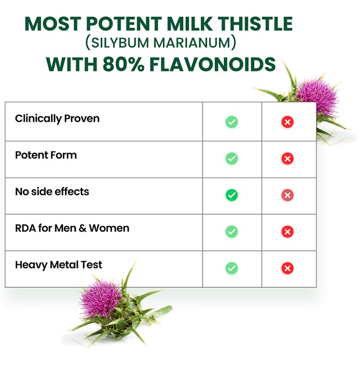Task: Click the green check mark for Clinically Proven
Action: click(x=232, y=121)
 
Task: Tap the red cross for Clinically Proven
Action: click(x=287, y=121)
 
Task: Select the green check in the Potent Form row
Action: click(x=232, y=159)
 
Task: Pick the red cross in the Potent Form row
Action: click(x=287, y=159)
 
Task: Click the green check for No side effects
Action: click(x=232, y=195)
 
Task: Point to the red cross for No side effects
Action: click(x=287, y=195)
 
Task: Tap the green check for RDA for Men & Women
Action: click(x=232, y=232)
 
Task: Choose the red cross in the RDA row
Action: click(x=287, y=232)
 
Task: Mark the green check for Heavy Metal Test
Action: click(x=232, y=268)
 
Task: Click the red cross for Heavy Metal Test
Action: click(x=287, y=268)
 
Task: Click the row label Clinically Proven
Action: click(x=57, y=119)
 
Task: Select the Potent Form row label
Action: click(x=46, y=155)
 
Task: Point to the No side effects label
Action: click(x=52, y=191)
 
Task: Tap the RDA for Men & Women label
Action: click(x=72, y=228)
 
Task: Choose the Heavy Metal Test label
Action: click(x=58, y=265)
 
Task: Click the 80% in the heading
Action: click(x=124, y=64)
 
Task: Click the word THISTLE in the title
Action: click(x=255, y=23)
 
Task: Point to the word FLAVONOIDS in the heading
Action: click(x=212, y=64)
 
